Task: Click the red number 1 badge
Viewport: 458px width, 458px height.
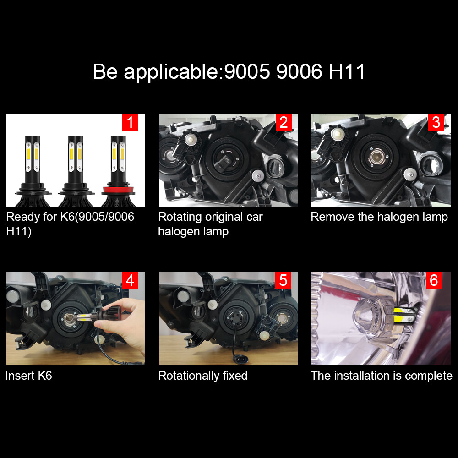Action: pos(130,123)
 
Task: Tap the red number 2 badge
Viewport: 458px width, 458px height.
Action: pos(283,123)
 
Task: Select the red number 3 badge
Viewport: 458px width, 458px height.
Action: pos(436,123)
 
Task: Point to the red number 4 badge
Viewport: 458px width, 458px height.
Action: pos(130,280)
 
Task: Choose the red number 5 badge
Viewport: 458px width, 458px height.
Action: pos(283,280)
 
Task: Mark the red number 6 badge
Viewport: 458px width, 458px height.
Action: pos(434,280)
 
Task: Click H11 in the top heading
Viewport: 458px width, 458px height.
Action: pos(347,72)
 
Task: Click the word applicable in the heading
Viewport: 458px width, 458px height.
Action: pos(172,72)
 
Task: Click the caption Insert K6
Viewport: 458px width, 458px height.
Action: pos(28,376)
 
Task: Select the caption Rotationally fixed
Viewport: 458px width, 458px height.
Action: pos(203,376)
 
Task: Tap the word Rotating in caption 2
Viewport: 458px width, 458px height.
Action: pos(180,217)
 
